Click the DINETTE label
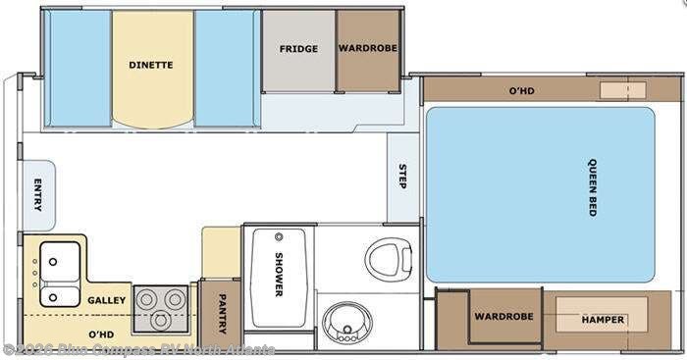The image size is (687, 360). click(151, 66)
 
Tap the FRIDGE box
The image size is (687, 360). click(298, 49)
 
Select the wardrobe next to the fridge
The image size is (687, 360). click(368, 49)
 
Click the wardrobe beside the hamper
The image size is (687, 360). click(503, 316)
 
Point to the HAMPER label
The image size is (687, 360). click(603, 320)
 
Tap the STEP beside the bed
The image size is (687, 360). click(402, 177)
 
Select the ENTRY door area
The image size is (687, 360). click(37, 195)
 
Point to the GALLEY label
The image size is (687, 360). click(105, 299)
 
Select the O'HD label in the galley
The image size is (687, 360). click(101, 334)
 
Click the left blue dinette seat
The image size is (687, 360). click(79, 69)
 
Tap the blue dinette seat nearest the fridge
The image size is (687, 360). click(227, 69)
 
